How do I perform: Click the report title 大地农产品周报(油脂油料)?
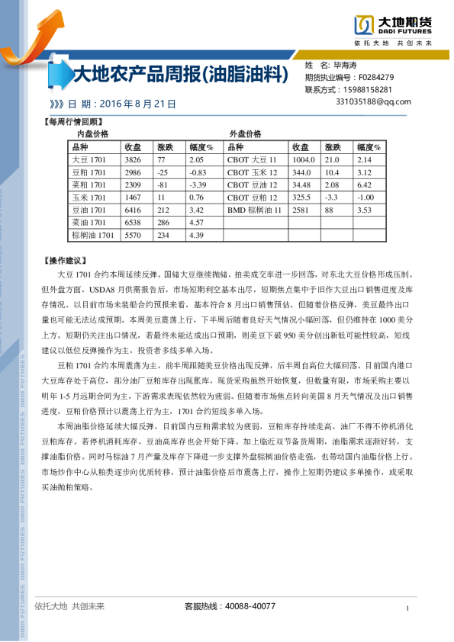click(179, 75)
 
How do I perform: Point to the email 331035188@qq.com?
click(373, 101)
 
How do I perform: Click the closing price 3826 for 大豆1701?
click(133, 160)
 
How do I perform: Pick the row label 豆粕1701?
click(89, 172)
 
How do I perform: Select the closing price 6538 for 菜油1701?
click(133, 222)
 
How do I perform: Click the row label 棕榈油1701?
click(92, 235)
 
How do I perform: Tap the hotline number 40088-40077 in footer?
click(251, 606)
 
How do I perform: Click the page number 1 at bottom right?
click(408, 608)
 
